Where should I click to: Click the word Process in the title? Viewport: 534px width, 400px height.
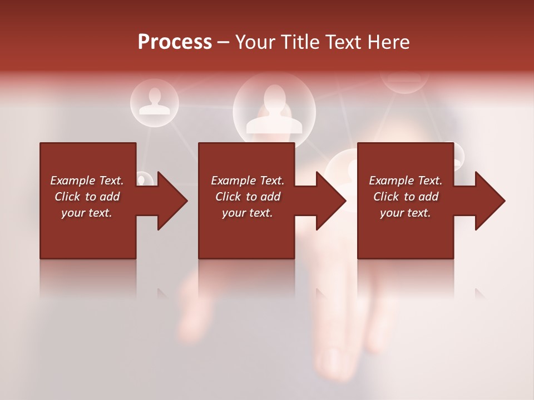175,42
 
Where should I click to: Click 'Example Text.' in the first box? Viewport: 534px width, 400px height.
87,181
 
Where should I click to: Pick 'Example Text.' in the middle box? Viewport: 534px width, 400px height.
248,181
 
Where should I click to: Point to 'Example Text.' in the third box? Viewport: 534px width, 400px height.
406,181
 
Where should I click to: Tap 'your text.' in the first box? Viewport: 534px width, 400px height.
87,213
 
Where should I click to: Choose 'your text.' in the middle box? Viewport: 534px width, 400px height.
248,213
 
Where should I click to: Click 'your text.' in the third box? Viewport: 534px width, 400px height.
406,213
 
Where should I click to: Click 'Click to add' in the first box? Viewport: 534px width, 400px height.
87,197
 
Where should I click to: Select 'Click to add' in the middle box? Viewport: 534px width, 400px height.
248,197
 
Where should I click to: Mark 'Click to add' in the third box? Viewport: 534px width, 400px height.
406,197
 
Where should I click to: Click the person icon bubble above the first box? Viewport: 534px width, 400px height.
154,102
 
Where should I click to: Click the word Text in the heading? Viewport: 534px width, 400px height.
340,42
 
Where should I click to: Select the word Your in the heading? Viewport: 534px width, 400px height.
255,42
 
